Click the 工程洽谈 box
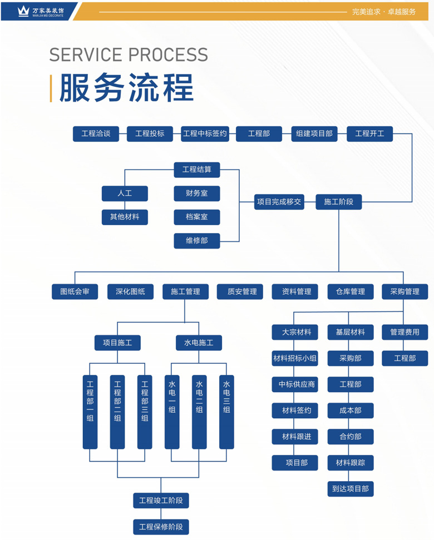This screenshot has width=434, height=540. point(96,134)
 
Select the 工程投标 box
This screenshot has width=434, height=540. point(150,134)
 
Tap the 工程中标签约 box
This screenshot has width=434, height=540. point(205,134)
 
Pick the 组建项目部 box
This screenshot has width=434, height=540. point(314,134)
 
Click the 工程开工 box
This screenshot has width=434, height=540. point(369,134)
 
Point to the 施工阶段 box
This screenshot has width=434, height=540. point(338,202)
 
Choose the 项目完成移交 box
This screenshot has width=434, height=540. point(279,202)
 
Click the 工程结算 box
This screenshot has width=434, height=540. point(197,169)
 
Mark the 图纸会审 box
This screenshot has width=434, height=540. point(75,291)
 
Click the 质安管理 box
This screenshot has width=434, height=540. point(240,291)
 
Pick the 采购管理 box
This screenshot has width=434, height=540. point(405,291)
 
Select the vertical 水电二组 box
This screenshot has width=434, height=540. point(199,412)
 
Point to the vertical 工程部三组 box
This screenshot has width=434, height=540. point(145,412)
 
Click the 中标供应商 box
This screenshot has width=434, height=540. point(295,384)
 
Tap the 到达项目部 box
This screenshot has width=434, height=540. point(350,489)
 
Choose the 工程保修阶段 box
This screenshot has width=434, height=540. point(161,527)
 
